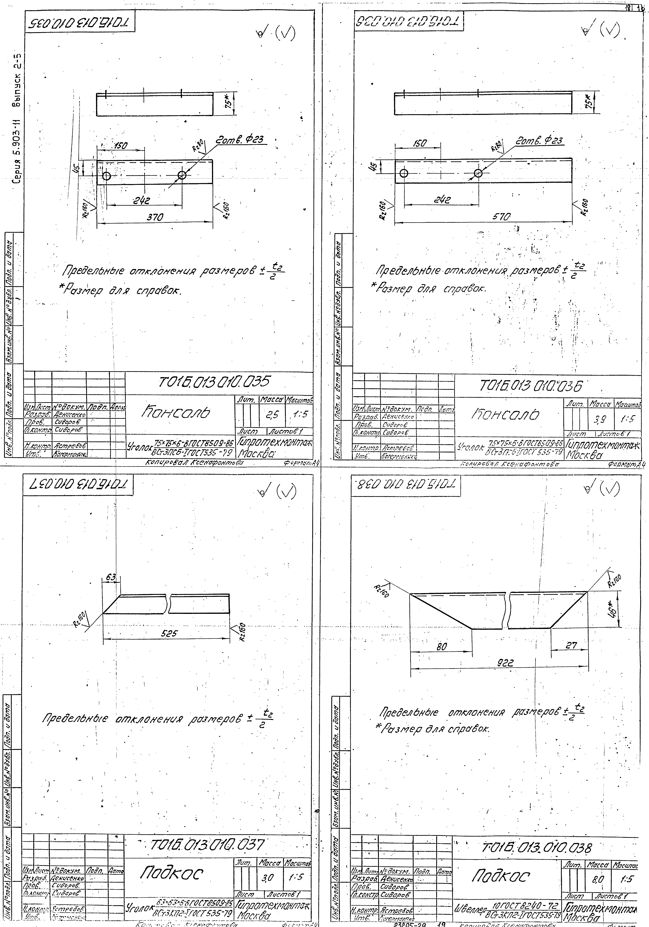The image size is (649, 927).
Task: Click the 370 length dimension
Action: pos(155,217)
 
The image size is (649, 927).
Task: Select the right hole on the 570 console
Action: pos(479,173)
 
